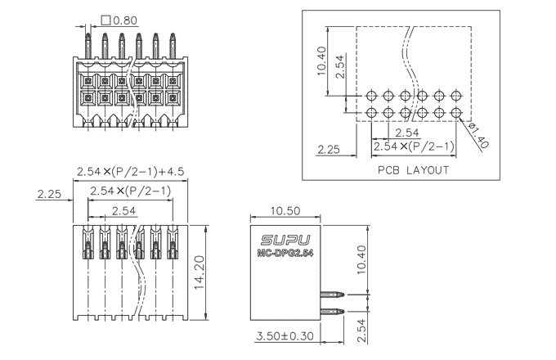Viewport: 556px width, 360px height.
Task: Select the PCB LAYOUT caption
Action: [x=413, y=170]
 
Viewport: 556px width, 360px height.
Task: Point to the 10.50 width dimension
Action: [x=285, y=210]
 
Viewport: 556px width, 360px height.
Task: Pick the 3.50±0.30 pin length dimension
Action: [x=285, y=336]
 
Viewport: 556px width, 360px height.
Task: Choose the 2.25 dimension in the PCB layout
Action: [x=328, y=149]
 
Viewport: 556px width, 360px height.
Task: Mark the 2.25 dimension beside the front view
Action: [x=50, y=194]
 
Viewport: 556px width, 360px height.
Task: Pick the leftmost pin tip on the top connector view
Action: [x=88, y=36]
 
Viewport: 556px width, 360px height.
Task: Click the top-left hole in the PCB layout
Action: [x=372, y=96]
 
